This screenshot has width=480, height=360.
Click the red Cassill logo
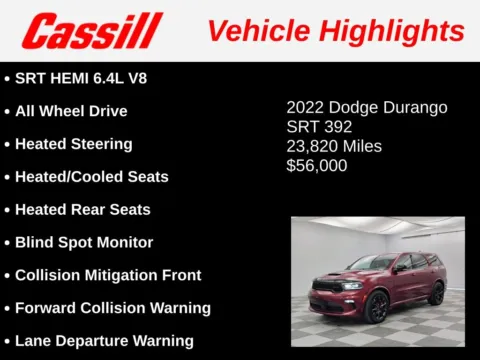pyautogui.click(x=91, y=31)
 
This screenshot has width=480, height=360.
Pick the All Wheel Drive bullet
pyautogui.click(x=71, y=111)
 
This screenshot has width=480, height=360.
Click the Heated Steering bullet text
pyautogui.click(x=74, y=144)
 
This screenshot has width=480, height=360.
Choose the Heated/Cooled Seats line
pyautogui.click(x=91, y=177)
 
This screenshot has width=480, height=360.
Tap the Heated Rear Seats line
pyautogui.click(x=83, y=210)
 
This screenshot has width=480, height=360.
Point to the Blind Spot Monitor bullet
pyautogui.click(x=84, y=242)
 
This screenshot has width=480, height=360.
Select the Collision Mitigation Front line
pyautogui.click(x=108, y=275)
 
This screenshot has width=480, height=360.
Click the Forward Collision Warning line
pyautogui.click(x=113, y=308)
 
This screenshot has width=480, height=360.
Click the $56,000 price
pyautogui.click(x=317, y=166)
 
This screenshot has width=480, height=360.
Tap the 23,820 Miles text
pyautogui.click(x=334, y=146)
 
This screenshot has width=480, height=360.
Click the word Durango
pyautogui.click(x=412, y=107)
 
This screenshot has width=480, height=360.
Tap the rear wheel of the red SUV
pyautogui.click(x=436, y=292)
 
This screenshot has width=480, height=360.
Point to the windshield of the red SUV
pyautogui.click(x=370, y=264)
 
